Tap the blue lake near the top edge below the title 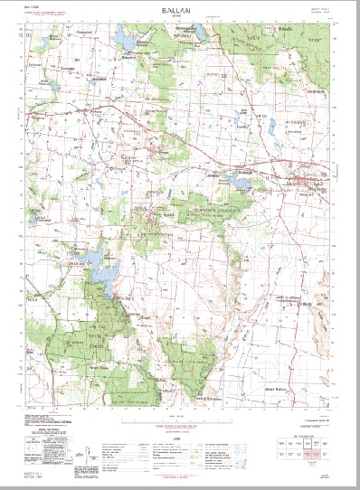(x=125, y=39)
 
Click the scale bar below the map (x=180, y=417)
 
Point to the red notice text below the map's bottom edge (x=180, y=403)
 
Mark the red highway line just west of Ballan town (x=271, y=169)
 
